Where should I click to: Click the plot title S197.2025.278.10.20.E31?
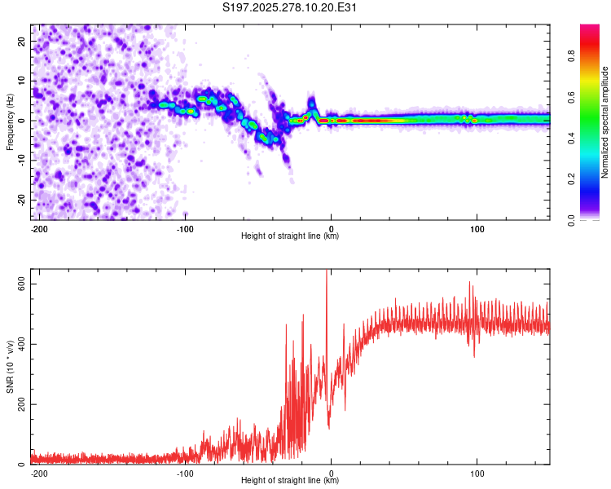tap(290, 7)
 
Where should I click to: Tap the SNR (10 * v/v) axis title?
tap(10, 367)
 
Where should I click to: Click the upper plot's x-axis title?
tap(290, 236)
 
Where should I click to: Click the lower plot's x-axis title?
tap(290, 480)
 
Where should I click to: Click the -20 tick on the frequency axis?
tap(20, 200)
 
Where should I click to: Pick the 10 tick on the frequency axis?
tap(22, 81)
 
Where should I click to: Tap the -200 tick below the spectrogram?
tap(38, 227)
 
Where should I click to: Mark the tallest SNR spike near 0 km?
tap(327, 272)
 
